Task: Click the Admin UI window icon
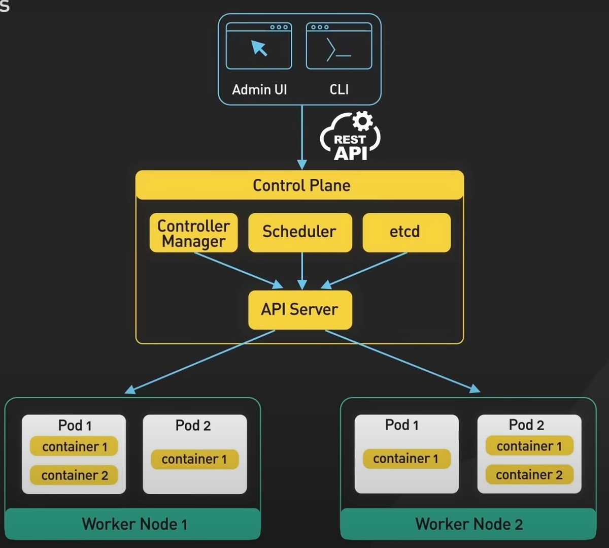[x=259, y=46]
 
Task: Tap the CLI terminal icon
[x=339, y=46]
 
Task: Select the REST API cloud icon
[x=350, y=137]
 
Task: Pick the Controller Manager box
[x=193, y=233]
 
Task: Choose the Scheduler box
[x=299, y=232]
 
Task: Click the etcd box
[x=406, y=232]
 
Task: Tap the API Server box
[x=299, y=309]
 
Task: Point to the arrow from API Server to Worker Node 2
[x=401, y=360]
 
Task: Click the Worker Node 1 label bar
[x=133, y=524]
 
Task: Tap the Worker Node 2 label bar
[x=468, y=524]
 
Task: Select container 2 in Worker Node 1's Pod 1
[x=74, y=475]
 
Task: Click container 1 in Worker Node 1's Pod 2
[x=194, y=459]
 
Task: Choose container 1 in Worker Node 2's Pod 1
[x=406, y=459]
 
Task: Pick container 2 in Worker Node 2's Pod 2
[x=529, y=475]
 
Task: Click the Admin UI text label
[x=259, y=90]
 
